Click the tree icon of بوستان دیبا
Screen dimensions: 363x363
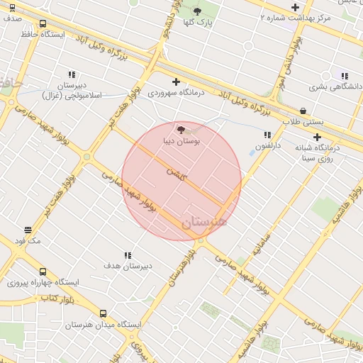(x=181, y=130)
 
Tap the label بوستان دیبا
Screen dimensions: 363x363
(x=181, y=141)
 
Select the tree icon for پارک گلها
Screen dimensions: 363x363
(x=197, y=11)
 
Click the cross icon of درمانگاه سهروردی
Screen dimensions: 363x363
(x=177, y=82)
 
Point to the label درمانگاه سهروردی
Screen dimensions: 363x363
(x=176, y=93)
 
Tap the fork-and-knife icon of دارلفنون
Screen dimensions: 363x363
(x=267, y=135)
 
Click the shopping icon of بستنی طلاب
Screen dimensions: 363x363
(x=303, y=111)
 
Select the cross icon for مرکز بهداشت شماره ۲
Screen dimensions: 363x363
(x=295, y=7)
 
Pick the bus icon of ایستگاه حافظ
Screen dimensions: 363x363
(x=43, y=23)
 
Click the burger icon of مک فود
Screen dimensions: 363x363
(x=28, y=230)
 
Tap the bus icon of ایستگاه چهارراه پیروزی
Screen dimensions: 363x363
(x=43, y=272)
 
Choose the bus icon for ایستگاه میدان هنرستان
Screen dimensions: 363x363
(x=103, y=313)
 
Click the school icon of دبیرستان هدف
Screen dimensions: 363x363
(x=128, y=255)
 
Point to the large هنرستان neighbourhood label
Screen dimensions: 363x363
(x=205, y=221)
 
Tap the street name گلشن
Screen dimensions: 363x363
(x=175, y=172)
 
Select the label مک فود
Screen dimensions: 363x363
(x=28, y=241)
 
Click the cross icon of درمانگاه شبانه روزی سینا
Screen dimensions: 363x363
(x=317, y=137)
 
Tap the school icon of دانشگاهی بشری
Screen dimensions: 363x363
(x=345, y=76)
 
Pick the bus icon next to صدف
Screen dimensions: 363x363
(x=12, y=8)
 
